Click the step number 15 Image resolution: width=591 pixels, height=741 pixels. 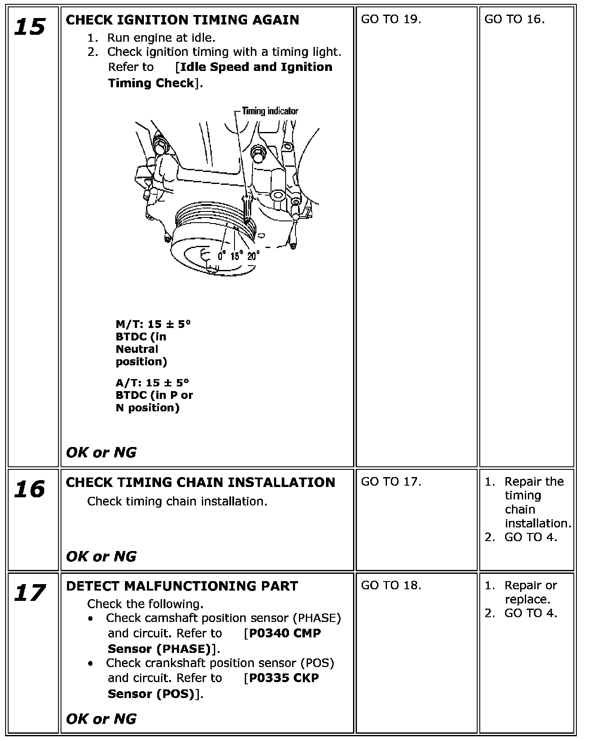pyautogui.click(x=29, y=27)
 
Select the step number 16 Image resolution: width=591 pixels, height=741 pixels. pyautogui.click(x=29, y=489)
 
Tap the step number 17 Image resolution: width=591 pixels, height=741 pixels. pyautogui.click(x=29, y=593)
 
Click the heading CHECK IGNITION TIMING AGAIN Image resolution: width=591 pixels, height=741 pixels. pyautogui.click(x=182, y=20)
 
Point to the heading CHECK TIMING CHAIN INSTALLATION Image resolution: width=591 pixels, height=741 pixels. pyautogui.click(x=200, y=482)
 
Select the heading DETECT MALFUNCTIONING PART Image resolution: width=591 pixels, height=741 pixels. pyautogui.click(x=182, y=586)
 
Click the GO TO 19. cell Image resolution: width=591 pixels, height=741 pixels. pyautogui.click(x=391, y=19)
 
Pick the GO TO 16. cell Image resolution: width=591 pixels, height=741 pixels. pyautogui.click(x=514, y=19)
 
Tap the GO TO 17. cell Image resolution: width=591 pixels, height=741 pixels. pyautogui.click(x=391, y=482)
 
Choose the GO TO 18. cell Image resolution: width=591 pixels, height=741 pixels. pyautogui.click(x=391, y=585)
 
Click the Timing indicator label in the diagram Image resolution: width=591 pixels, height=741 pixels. pyautogui.click(x=270, y=111)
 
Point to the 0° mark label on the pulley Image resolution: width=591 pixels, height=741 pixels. pyautogui.click(x=222, y=256)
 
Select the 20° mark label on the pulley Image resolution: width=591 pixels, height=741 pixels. pyautogui.click(x=253, y=256)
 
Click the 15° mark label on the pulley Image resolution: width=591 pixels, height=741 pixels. pyautogui.click(x=237, y=256)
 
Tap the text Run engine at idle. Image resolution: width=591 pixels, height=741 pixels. pyautogui.click(x=161, y=38)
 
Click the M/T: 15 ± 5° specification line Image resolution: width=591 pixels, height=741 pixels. pyautogui.click(x=153, y=324)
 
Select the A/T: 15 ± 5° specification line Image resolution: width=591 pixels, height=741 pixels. pyautogui.click(x=152, y=383)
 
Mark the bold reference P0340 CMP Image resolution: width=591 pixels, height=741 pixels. pyautogui.click(x=285, y=633)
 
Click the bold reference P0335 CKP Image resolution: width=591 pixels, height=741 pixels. pyautogui.click(x=284, y=678)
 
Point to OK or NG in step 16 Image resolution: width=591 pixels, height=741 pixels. pyautogui.click(x=101, y=557)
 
